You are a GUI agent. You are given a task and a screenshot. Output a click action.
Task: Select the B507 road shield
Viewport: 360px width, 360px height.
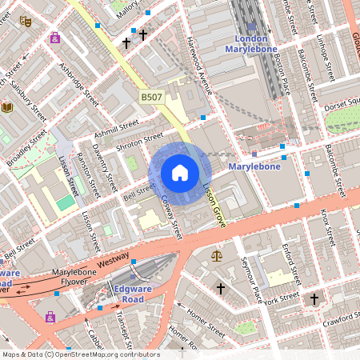tap(152, 97)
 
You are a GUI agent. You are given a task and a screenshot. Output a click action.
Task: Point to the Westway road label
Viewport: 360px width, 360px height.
tap(113, 262)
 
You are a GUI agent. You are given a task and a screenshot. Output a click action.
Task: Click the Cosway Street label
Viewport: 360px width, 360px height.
tap(171, 218)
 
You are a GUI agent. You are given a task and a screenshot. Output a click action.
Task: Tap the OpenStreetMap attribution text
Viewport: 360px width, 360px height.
tap(80, 354)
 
